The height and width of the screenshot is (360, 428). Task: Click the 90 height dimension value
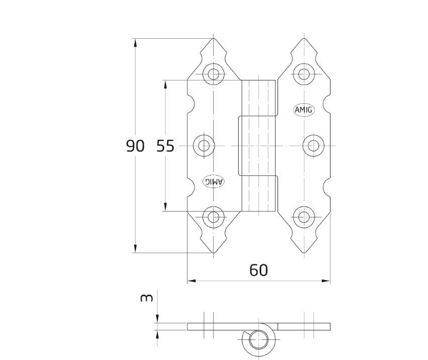point(135,146)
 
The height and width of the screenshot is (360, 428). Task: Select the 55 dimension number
point(165,146)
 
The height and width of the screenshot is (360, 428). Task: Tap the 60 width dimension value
point(259,270)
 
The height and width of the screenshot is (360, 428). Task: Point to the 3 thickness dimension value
point(147,298)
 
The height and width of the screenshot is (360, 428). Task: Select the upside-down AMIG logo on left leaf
point(213,182)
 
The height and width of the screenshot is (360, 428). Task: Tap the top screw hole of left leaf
point(213,74)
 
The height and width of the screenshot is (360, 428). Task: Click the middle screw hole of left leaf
point(203,146)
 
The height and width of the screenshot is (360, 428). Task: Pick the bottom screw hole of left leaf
point(213,217)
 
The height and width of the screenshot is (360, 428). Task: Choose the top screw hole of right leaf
point(303,74)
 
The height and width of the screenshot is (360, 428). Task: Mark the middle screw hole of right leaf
point(313,146)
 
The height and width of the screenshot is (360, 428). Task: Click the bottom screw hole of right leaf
point(303,217)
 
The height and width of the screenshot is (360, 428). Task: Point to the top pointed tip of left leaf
point(213,39)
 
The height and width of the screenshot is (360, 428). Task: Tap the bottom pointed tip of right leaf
point(304,253)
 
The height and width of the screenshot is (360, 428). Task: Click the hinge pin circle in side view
point(259,339)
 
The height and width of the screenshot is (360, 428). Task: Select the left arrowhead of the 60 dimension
point(191,281)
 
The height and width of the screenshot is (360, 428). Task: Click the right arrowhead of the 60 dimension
point(326,281)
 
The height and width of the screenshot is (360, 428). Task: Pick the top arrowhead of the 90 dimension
point(135,43)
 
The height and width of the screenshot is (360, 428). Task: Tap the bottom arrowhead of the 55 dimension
point(165,207)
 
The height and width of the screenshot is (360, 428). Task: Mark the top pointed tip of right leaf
point(304,39)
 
